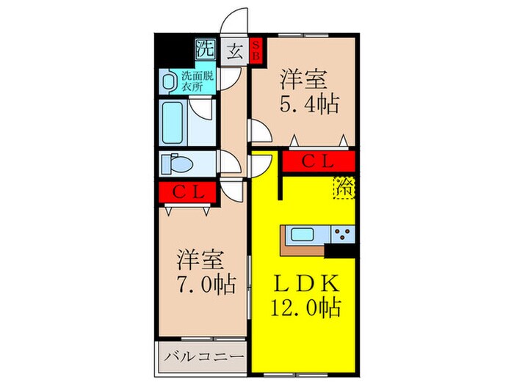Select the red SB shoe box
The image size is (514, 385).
pyautogui.click(x=256, y=51)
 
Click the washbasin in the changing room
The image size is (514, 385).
pyautogui.click(x=170, y=79)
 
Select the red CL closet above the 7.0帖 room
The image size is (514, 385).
pyautogui.click(x=187, y=192)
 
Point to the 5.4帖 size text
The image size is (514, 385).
pyautogui.click(x=309, y=104)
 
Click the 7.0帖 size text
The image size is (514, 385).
pyautogui.click(x=206, y=283)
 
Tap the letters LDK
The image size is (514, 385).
pyautogui.click(x=306, y=283)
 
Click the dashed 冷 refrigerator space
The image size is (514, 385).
pyautogui.click(x=344, y=188)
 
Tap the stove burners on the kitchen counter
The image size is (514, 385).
pyautogui.click(x=342, y=235)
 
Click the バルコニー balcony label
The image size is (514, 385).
pyautogui.click(x=201, y=359)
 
